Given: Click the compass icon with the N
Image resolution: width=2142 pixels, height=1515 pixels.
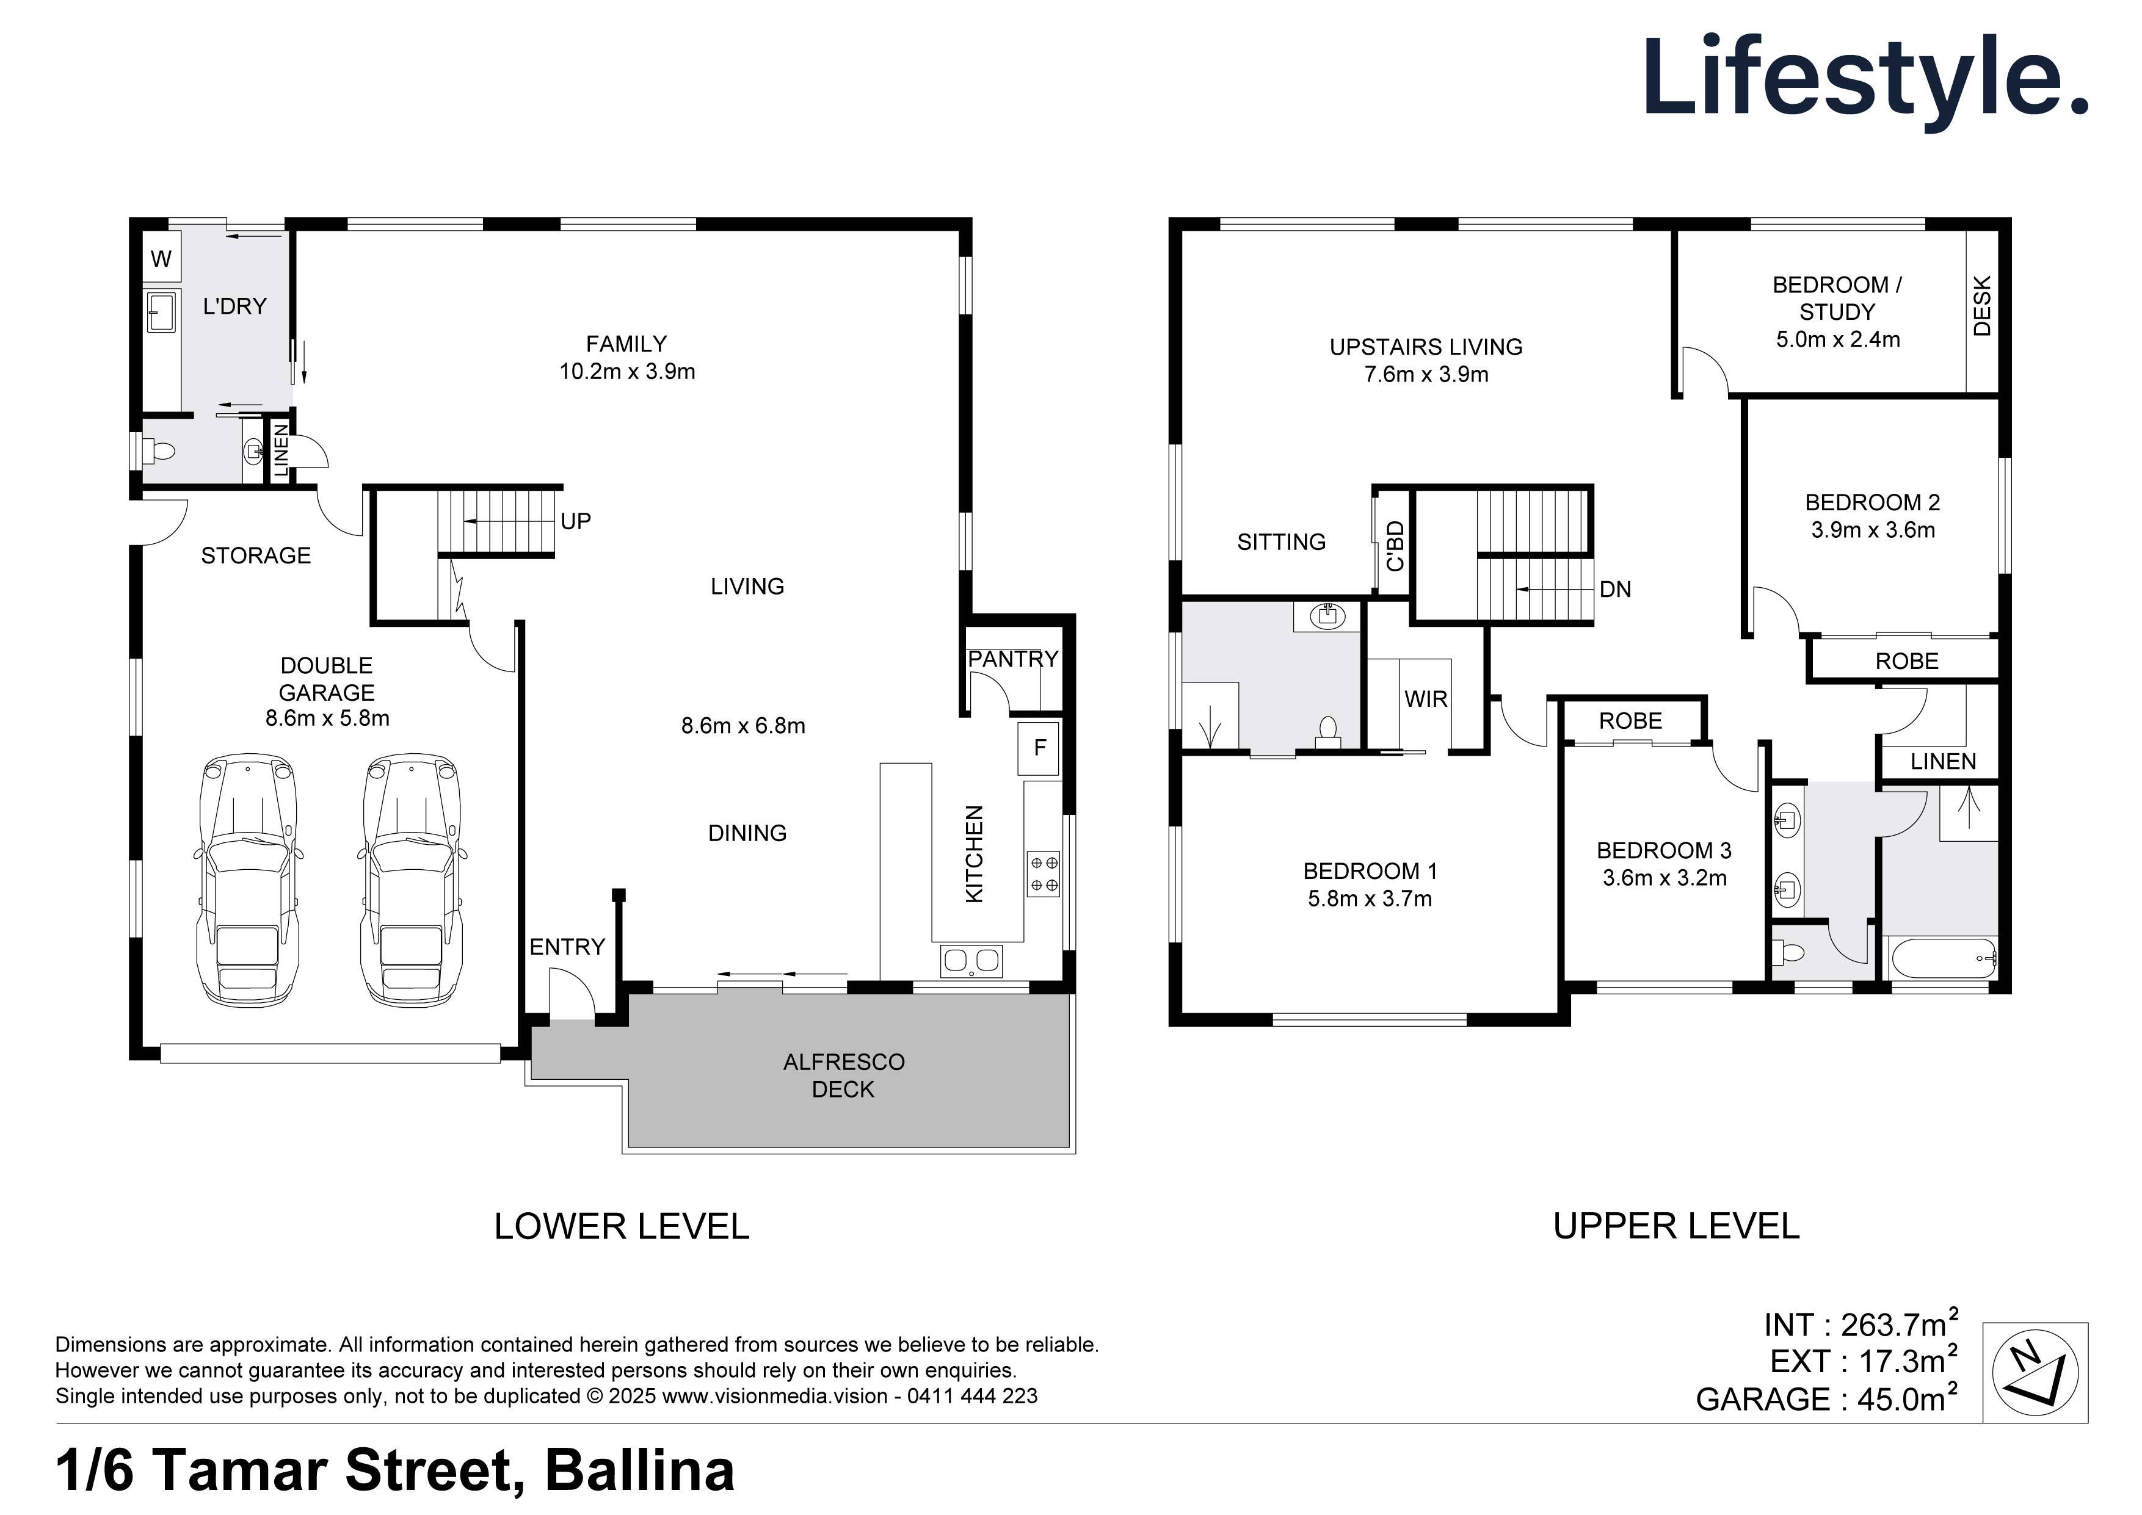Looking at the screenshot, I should [x=2035, y=1372].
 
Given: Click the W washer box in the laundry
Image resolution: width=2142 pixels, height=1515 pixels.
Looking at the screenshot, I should [x=161, y=259].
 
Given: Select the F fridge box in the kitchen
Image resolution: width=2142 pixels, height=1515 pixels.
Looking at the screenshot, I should [x=1039, y=748].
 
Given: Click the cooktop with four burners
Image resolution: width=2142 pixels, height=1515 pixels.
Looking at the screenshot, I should [x=1043, y=873].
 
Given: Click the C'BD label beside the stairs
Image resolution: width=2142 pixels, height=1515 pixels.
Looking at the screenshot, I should [x=1395, y=546].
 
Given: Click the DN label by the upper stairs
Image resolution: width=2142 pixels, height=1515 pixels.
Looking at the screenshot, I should [x=1615, y=590].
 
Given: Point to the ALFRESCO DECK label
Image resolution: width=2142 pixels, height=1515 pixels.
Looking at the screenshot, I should [x=843, y=1076].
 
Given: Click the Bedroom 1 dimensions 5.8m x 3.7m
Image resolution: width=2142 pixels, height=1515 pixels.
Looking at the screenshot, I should [x=1370, y=899].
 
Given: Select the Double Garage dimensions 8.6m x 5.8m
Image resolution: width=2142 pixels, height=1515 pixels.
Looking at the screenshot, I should [x=327, y=718].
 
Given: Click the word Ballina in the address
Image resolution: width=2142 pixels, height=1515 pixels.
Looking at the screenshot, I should [x=639, y=1470].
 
